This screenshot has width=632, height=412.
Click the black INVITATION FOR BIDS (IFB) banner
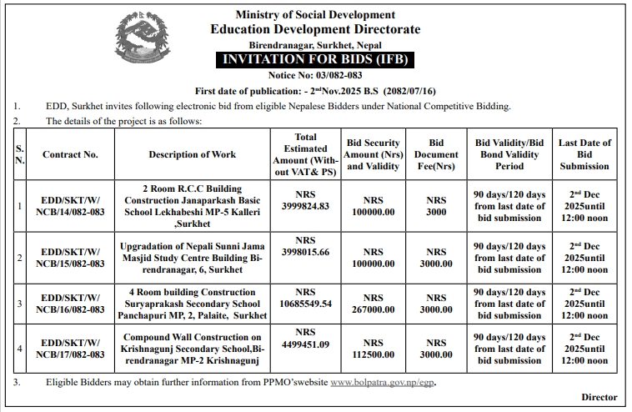[315, 61]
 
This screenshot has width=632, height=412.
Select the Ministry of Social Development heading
[315, 15]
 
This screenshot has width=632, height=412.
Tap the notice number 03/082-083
[315, 76]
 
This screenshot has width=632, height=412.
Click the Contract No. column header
[70, 154]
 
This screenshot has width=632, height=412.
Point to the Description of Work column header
[193, 154]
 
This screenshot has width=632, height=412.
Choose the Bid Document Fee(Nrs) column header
[436, 154]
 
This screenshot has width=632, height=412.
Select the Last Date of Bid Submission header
[584, 154]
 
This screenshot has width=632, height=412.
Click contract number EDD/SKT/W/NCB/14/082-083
[70, 206]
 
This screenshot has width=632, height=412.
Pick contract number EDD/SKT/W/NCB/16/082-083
[70, 304]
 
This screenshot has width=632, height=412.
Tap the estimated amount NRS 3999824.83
[306, 199]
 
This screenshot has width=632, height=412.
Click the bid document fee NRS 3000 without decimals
[436, 206]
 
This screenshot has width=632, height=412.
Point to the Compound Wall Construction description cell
[193, 349]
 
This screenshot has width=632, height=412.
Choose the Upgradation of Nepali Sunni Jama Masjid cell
[193, 258]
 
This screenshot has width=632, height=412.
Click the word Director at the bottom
[599, 398]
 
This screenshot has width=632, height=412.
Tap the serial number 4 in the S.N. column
[20, 348]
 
